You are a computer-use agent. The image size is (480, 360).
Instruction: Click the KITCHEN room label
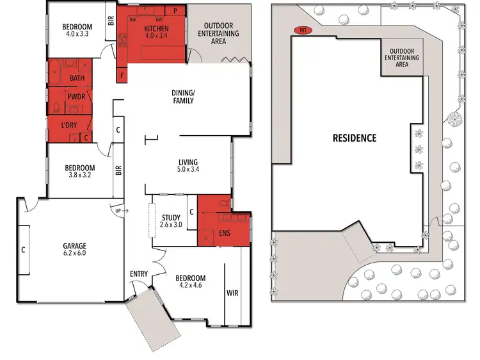[x=156, y=29]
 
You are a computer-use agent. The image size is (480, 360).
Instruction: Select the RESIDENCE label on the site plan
[x=354, y=138]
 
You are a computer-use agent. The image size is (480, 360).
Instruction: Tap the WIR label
[x=232, y=293]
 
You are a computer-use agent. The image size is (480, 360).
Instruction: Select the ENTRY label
[x=139, y=274]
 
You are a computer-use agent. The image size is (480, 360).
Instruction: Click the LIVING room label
[x=188, y=162]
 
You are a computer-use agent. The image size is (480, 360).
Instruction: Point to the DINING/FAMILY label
[x=182, y=96]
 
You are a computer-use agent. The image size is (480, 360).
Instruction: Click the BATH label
[x=77, y=79]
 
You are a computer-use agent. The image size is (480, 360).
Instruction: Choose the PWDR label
[x=76, y=100]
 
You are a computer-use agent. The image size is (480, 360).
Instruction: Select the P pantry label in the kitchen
[x=175, y=12]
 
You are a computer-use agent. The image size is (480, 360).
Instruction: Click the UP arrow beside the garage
[x=118, y=209]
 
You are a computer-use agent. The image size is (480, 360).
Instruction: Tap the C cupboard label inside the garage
[x=23, y=250]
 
